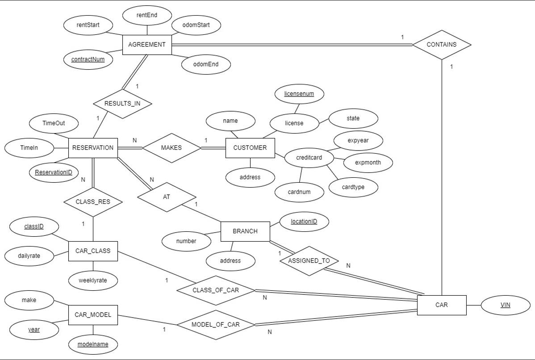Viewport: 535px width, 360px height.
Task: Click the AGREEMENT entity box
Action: pos(147,45)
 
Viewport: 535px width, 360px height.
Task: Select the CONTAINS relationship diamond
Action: pos(441,45)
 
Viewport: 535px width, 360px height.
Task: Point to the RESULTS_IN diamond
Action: pos(122,104)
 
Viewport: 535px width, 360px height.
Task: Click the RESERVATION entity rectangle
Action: pos(93,148)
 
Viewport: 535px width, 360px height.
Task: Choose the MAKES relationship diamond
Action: pos(171,148)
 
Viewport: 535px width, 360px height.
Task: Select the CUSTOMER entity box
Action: pos(250,148)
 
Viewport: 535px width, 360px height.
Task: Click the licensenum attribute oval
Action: pos(299,94)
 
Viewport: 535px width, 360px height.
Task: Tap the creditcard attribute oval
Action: pos(309,158)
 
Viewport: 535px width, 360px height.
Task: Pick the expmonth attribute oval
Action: pos(368,163)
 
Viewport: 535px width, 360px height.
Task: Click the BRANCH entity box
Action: pos(245,231)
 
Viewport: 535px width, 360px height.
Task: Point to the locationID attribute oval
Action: pos(304,222)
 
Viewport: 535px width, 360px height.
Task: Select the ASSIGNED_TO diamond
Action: pos(309,261)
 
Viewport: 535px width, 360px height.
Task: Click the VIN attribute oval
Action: pos(505,305)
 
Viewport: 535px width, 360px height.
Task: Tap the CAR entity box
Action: pos(441,305)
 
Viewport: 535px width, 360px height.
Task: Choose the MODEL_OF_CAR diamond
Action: pos(216,325)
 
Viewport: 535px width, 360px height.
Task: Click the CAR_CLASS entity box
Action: pos(93,251)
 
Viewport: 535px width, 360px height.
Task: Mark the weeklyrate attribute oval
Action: pos(93,280)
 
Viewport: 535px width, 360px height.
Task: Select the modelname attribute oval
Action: pos(93,344)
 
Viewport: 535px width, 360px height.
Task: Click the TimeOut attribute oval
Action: pos(54,123)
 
